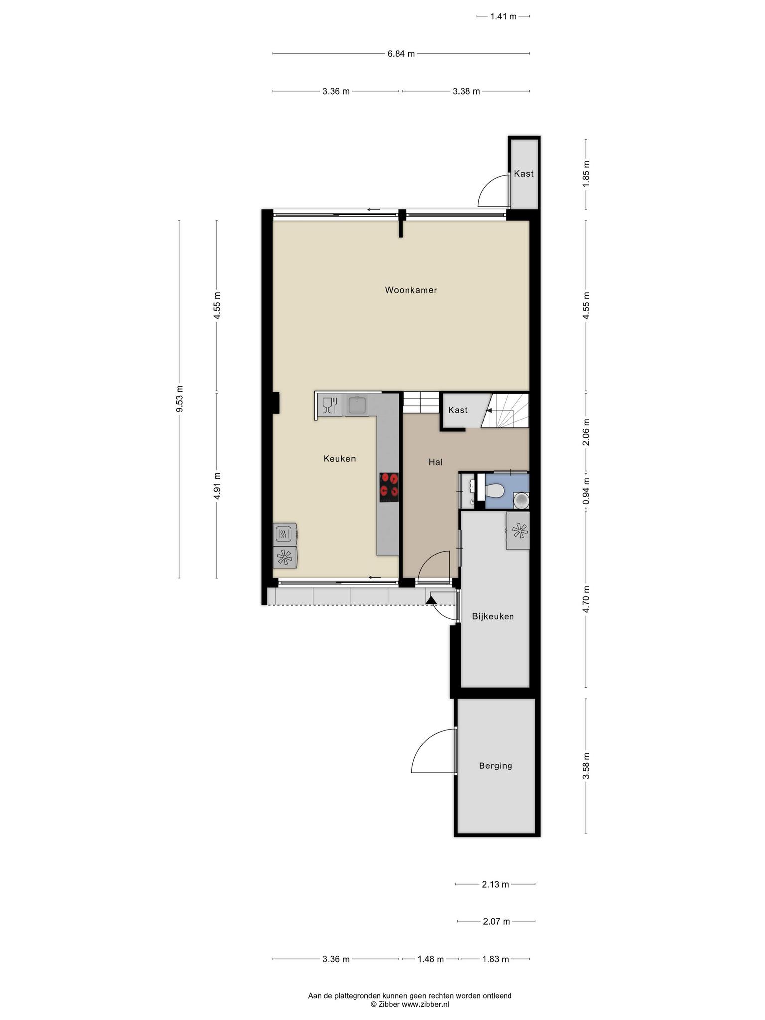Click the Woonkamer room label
(411, 290)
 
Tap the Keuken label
(340, 458)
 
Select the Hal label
(435, 462)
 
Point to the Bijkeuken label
(493, 616)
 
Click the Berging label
(495, 765)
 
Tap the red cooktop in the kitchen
(389, 486)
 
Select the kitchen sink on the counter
(357, 405)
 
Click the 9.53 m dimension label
(180, 399)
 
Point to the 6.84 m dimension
(401, 54)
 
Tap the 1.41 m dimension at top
(503, 16)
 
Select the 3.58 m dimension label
(586, 766)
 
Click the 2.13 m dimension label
(495, 884)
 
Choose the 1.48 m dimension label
(430, 959)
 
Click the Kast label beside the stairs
(457, 410)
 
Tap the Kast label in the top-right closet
(523, 173)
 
